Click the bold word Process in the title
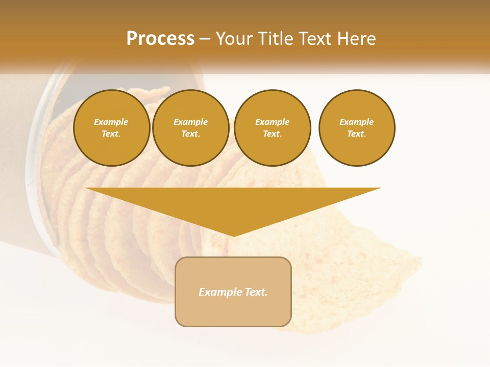(x=160, y=39)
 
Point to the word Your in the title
(x=235, y=39)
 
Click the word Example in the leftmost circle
(x=111, y=122)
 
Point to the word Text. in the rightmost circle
(x=356, y=134)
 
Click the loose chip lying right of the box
(x=352, y=285)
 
